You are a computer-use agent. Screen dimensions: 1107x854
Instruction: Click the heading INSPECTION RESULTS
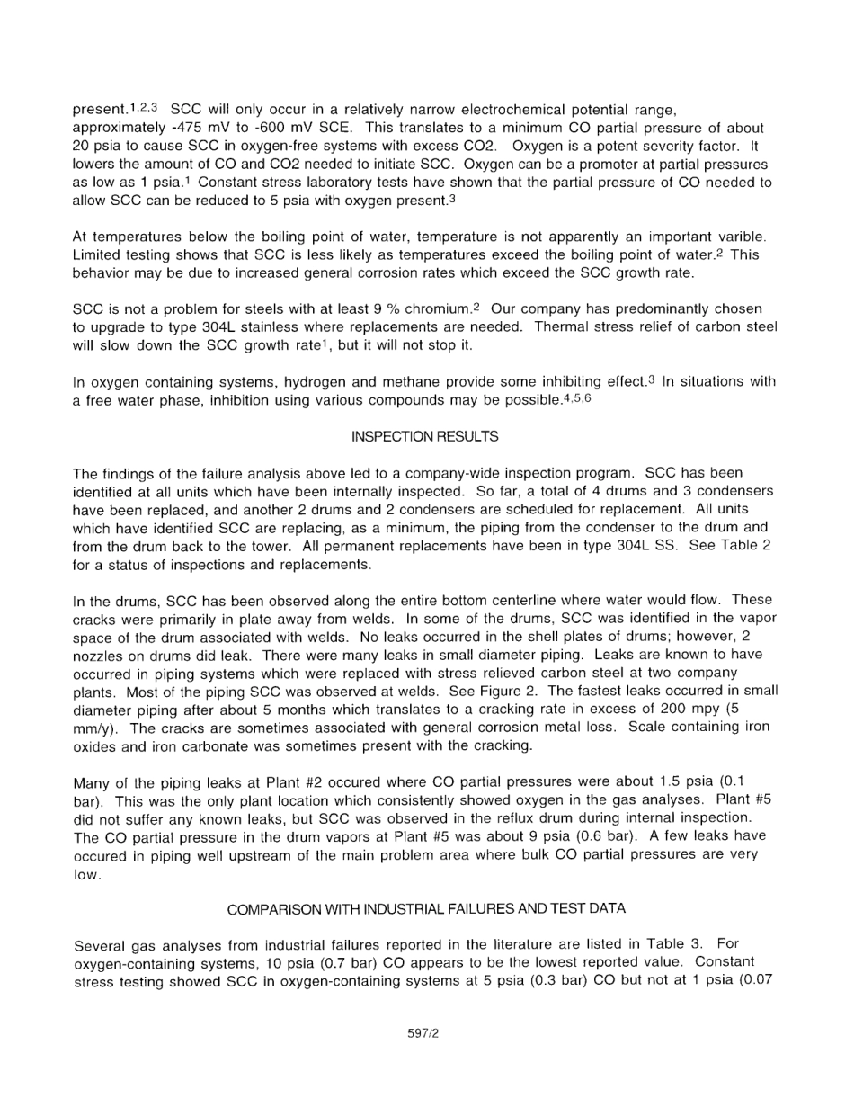425,436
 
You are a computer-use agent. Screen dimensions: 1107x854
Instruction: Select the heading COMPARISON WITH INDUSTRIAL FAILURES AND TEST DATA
426,909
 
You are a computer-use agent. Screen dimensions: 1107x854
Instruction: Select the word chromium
436,308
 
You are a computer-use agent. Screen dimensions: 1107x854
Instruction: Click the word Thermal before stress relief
560,326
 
